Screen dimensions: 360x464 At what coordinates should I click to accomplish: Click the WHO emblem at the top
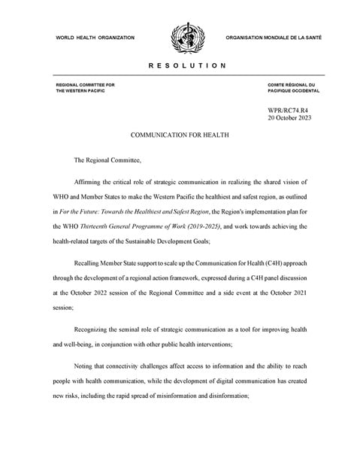[x=181, y=36]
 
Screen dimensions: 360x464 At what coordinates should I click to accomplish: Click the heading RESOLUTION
[x=180, y=66]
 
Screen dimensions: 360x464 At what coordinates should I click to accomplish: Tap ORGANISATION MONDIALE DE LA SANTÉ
[x=274, y=37]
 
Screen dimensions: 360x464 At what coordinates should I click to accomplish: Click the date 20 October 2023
[x=289, y=119]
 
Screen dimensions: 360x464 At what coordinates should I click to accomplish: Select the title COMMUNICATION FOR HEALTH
[x=180, y=137]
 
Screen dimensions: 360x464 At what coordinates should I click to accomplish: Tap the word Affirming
[x=91, y=182]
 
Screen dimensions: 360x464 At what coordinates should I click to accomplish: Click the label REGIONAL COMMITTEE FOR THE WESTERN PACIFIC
[x=86, y=88]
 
